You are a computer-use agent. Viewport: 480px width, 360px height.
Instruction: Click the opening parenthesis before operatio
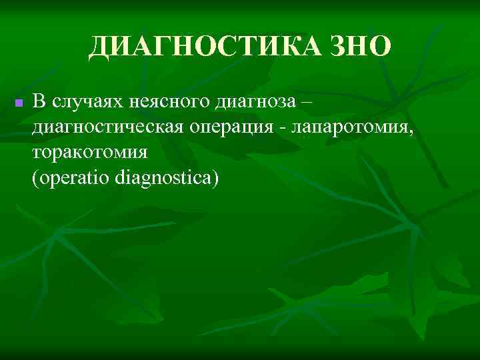(35, 178)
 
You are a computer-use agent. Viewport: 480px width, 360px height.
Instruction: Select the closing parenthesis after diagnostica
(215, 178)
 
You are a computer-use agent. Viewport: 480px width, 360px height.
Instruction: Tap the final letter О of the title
(378, 47)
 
